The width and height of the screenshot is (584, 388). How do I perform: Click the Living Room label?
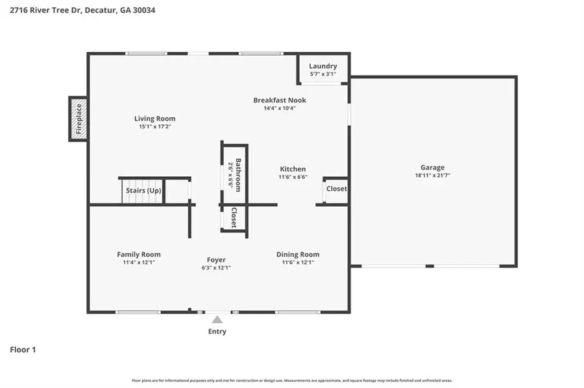point(154,119)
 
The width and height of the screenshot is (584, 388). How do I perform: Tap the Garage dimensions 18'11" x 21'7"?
point(432,176)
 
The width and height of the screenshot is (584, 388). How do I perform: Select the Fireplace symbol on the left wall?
point(79,119)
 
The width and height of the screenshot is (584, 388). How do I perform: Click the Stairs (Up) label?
point(143,191)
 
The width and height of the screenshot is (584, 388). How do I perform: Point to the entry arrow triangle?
point(217,319)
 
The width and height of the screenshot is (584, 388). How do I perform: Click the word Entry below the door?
point(217,332)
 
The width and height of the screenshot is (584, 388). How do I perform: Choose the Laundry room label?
point(322,66)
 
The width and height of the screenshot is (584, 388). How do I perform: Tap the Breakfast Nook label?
point(280,100)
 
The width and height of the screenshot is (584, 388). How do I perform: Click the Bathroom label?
point(238,175)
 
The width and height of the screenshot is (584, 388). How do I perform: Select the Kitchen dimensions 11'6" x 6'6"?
point(293,177)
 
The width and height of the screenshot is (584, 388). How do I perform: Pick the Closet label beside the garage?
point(337,189)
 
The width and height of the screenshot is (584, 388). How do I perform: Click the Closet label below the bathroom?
point(234,218)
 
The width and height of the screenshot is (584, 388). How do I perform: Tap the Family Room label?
point(139,255)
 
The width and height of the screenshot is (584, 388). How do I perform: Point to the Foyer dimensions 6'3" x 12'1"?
point(216,268)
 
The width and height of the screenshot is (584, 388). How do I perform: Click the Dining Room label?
point(298,255)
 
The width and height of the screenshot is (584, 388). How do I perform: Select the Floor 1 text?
point(23,350)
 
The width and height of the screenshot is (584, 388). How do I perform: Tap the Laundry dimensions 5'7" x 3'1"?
point(322,74)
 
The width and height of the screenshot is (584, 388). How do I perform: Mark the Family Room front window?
point(138,312)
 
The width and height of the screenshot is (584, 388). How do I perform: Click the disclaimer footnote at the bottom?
point(292,380)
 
